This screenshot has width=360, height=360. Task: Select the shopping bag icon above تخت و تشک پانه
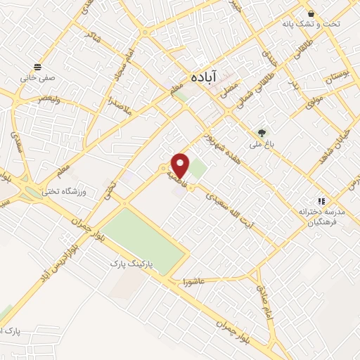click(311, 13)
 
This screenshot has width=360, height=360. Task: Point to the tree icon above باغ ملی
click(262, 131)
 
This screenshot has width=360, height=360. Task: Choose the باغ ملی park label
click(262, 143)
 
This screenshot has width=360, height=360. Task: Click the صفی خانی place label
click(39, 78)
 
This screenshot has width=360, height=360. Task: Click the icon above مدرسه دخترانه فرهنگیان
click(321, 200)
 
